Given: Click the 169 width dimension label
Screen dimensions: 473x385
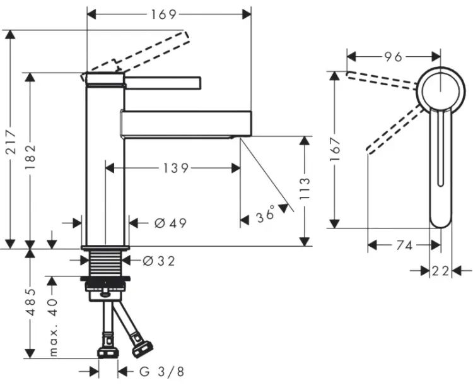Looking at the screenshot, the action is (x=163, y=14).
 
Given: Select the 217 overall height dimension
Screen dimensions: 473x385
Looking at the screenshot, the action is (x=11, y=141).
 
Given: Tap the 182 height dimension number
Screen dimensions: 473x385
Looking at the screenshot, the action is (x=30, y=157).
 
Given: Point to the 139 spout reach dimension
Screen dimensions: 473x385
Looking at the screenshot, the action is (x=176, y=168).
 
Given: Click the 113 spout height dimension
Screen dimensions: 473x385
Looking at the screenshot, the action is (x=305, y=189).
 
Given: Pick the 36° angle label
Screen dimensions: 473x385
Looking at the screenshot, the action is (x=266, y=213).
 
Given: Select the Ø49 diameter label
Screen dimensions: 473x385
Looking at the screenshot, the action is (x=170, y=223).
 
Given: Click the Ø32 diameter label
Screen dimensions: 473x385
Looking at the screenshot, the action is (x=159, y=261).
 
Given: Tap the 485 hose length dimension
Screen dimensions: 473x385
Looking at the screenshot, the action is (x=30, y=302).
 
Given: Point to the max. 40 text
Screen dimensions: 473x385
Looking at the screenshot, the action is (x=53, y=328).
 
